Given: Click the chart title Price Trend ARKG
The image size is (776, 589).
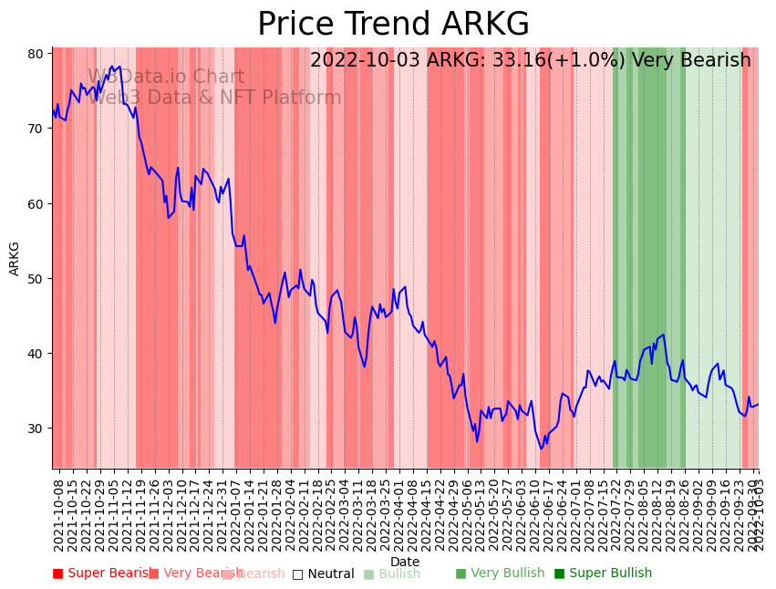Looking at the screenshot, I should click(x=393, y=25).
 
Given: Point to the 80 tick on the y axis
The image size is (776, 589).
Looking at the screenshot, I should click(x=36, y=53).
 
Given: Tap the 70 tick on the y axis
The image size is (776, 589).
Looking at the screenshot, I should click(x=36, y=129).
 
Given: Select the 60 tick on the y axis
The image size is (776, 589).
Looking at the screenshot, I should click(x=36, y=203).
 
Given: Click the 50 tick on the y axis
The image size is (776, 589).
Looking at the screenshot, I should click(x=36, y=278).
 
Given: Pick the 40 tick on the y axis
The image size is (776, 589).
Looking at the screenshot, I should click(x=36, y=354).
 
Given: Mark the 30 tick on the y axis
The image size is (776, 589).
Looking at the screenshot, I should click(x=36, y=429).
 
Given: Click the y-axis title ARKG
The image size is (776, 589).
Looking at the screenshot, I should click(x=15, y=258).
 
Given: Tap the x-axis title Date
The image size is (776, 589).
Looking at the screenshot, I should click(x=405, y=562).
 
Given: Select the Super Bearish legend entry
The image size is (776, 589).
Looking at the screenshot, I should click(x=102, y=573).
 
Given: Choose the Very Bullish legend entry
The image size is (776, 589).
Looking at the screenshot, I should click(x=500, y=573).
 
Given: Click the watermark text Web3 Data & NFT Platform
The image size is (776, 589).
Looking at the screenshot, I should click(x=215, y=98).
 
